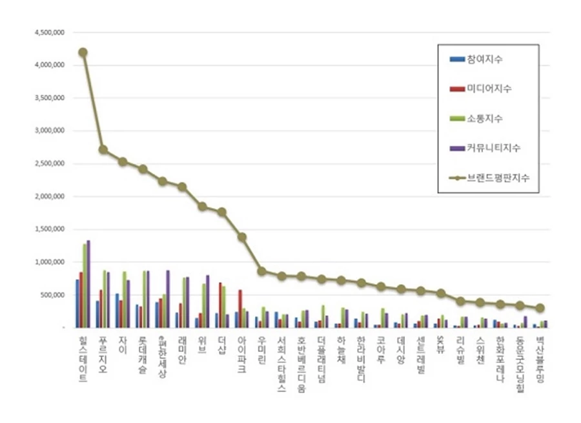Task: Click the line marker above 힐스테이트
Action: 83,52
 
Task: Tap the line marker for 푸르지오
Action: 103,149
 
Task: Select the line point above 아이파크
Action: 241,237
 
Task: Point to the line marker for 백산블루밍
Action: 540,308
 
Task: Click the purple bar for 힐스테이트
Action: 88,284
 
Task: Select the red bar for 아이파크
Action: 240,309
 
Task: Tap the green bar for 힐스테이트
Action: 85,285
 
